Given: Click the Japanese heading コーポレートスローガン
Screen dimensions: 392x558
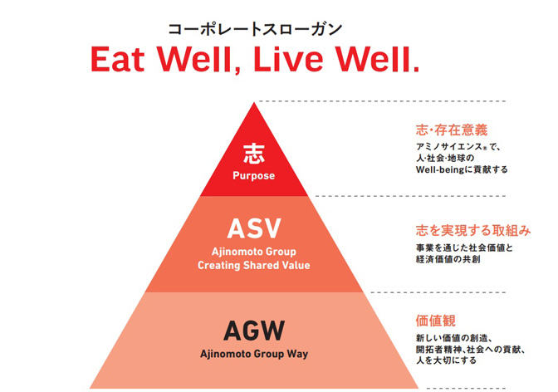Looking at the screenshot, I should click(255, 28).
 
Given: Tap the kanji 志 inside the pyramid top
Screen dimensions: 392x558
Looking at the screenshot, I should click(253, 151).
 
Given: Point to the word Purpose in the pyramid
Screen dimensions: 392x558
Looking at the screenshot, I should click(253, 176).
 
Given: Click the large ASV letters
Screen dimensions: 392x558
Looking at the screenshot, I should click(253, 228).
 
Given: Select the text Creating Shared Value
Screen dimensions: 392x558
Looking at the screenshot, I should click(253, 266).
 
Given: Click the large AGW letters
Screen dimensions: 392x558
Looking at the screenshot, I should click(253, 330).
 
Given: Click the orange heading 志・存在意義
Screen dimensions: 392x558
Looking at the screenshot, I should click(451, 130).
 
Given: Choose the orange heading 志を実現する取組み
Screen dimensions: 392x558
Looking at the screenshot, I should click(472, 230).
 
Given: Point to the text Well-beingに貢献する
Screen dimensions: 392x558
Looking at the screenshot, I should click(461, 169).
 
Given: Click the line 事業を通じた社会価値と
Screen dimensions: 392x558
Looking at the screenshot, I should click(464, 247).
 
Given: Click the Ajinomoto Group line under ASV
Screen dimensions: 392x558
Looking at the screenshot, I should click(253, 252).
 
